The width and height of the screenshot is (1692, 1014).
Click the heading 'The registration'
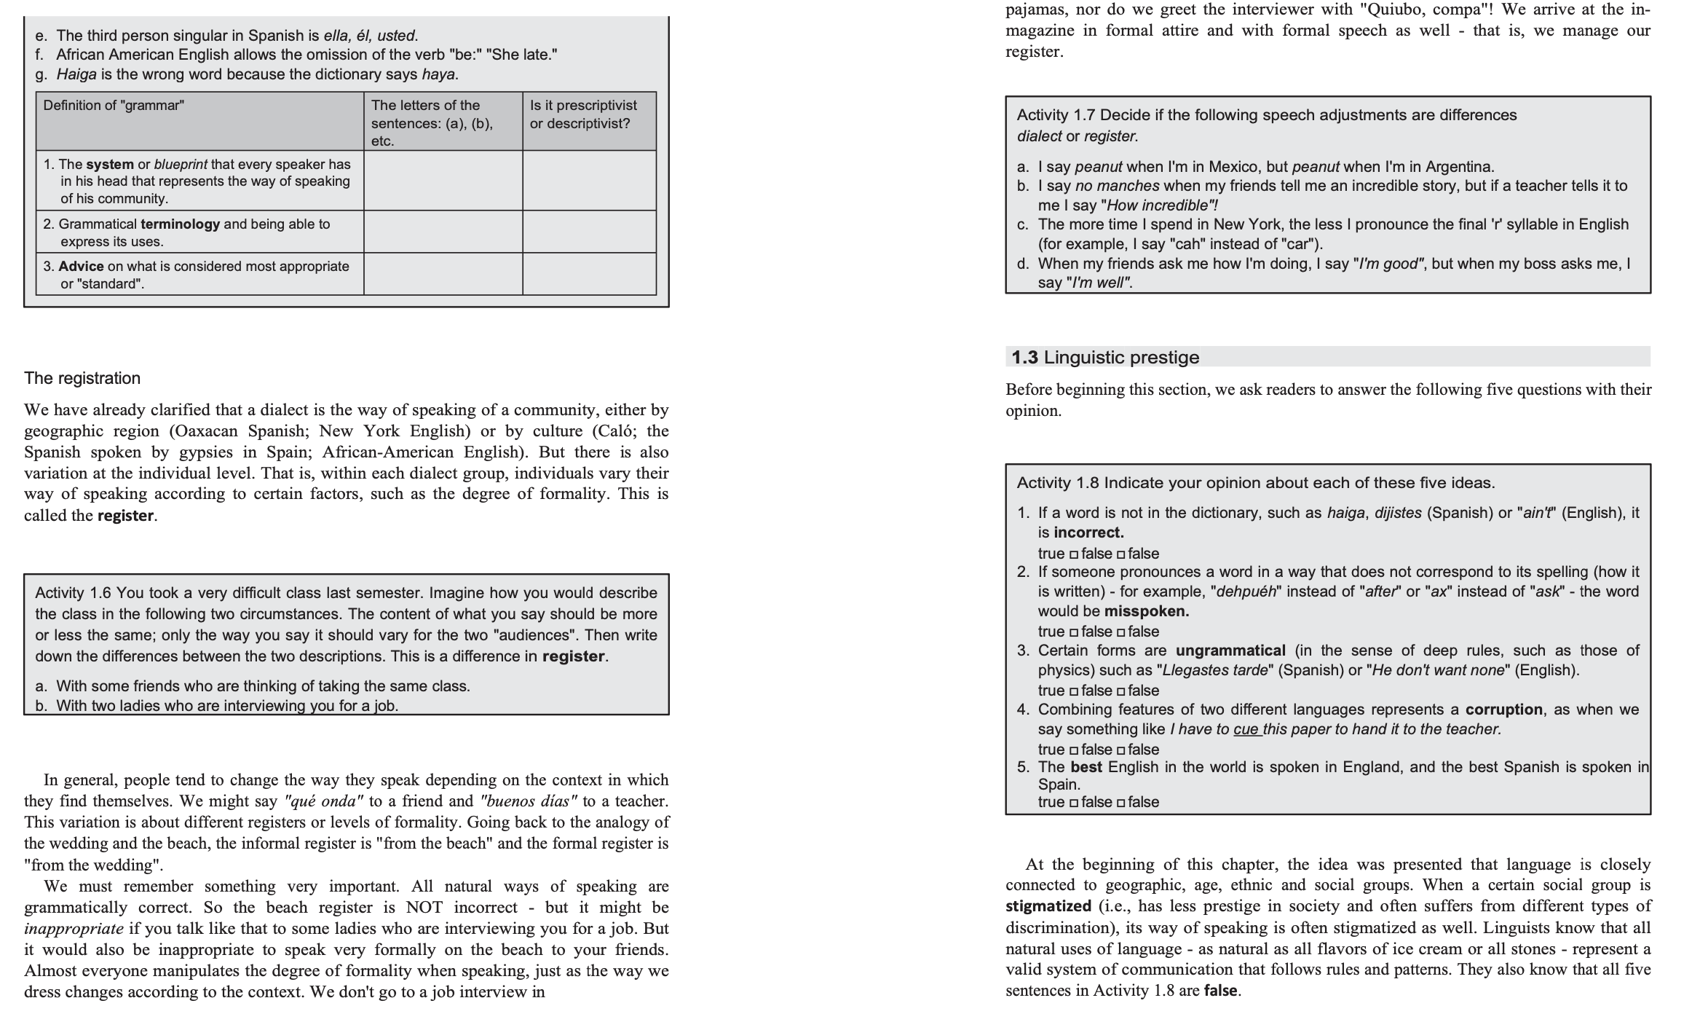click(x=82, y=378)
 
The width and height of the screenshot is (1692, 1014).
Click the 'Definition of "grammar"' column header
click(x=114, y=106)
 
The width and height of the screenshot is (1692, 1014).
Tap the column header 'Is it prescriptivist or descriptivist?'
click(x=582, y=114)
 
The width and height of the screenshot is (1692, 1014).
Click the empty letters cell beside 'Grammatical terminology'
click(x=443, y=232)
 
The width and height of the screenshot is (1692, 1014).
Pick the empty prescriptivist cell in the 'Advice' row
click(x=588, y=275)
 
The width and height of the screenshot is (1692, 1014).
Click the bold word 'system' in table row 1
click(x=110, y=165)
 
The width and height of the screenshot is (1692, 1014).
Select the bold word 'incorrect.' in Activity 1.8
click(x=1088, y=532)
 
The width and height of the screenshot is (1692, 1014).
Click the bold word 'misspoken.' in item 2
click(x=1146, y=611)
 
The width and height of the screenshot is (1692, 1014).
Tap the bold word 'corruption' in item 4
click(x=1503, y=710)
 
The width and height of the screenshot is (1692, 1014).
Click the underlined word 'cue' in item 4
click(x=1246, y=729)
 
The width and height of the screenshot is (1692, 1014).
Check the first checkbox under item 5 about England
click(x=1073, y=803)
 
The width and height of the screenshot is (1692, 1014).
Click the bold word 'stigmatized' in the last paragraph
click(x=1048, y=907)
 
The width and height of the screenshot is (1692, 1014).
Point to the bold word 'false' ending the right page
click(x=1221, y=991)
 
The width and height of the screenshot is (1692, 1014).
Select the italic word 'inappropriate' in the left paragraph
click(x=73, y=929)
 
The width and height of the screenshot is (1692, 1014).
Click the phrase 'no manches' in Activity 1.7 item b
click(x=1117, y=186)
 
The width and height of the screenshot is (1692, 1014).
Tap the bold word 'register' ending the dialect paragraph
click(x=125, y=516)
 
